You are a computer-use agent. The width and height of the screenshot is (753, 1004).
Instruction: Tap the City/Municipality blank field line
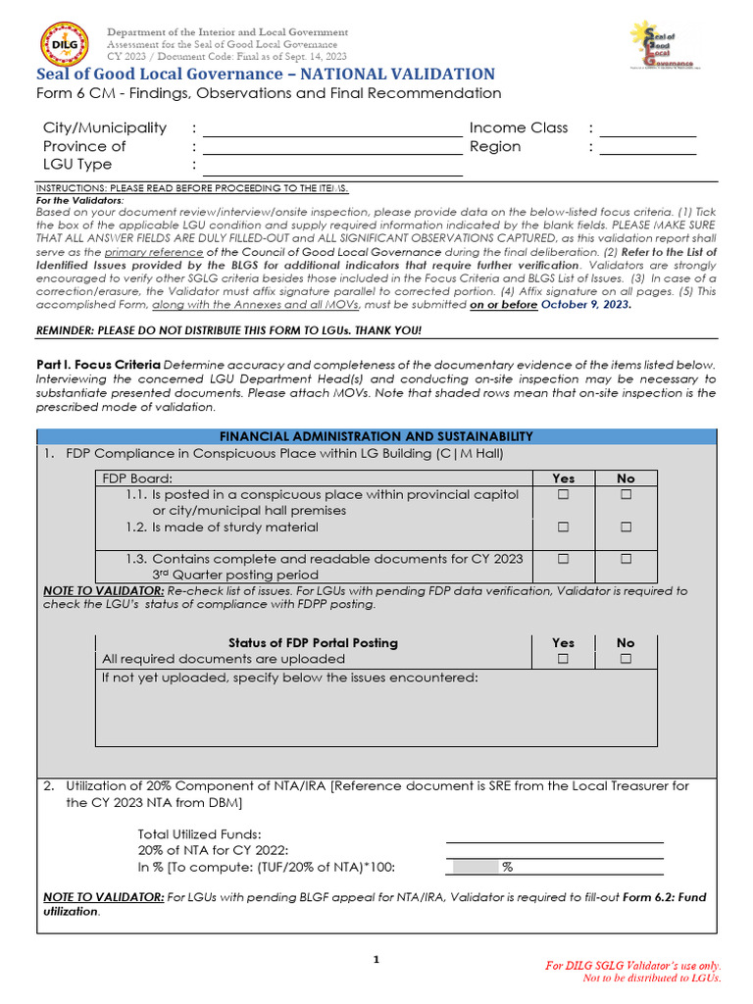[331, 135]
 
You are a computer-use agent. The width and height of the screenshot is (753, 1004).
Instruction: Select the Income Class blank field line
[647, 135]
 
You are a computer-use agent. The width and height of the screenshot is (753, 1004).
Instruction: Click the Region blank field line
[647, 154]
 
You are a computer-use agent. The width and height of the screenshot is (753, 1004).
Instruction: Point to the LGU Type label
[77, 165]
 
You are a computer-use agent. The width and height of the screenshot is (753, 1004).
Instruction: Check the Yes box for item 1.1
[564, 495]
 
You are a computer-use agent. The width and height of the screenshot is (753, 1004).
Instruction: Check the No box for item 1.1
[626, 495]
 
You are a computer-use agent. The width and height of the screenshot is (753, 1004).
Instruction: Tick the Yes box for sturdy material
[564, 527]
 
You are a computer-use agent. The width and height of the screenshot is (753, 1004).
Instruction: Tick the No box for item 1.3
[626, 559]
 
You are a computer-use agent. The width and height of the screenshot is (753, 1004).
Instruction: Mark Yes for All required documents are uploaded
[564, 660]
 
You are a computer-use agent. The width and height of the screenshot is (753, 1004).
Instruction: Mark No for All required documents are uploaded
[626, 660]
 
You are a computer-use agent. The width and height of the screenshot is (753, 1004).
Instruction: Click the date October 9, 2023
[585, 305]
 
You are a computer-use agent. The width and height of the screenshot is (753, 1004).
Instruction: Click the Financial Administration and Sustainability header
[376, 436]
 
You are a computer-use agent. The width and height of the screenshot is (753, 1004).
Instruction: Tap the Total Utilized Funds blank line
[554, 840]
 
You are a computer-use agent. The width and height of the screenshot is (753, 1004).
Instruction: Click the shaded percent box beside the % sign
[473, 868]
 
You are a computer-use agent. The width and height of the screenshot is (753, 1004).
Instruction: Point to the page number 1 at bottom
[376, 960]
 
